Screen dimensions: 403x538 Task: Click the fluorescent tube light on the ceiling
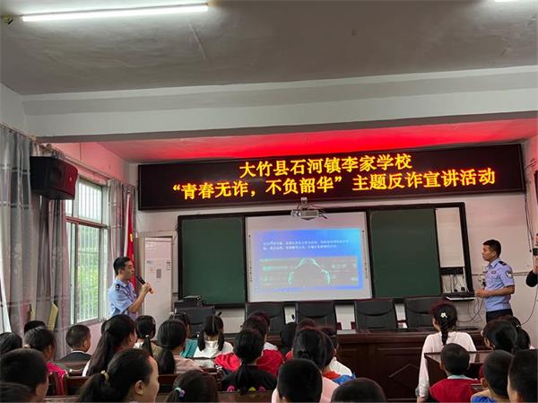point(114,12)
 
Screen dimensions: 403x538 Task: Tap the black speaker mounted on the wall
point(54,177)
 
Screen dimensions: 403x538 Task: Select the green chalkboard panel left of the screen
point(213,259)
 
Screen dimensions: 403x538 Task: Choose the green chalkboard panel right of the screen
point(404,252)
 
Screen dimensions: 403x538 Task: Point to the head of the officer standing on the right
point(491,249)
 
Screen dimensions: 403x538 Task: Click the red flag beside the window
point(130,227)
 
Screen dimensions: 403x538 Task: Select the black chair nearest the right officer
point(421,313)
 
